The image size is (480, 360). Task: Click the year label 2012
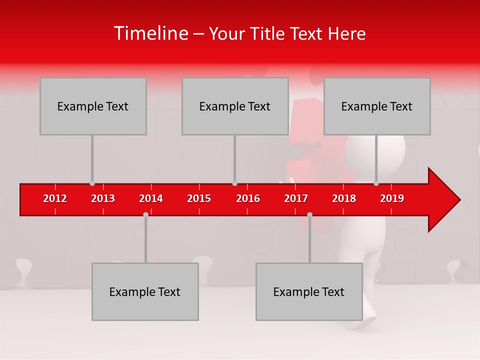point(55,198)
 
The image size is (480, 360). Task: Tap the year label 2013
point(103,198)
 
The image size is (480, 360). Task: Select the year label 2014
point(151,198)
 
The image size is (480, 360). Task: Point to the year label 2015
point(199,198)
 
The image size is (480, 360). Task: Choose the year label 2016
point(248,198)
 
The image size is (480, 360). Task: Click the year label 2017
point(296,198)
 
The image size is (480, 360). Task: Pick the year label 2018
point(344,198)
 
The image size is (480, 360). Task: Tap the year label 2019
point(392,198)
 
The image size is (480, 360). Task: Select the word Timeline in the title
point(150,33)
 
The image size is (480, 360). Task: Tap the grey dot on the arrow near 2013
point(92,183)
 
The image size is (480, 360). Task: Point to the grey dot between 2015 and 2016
point(234,183)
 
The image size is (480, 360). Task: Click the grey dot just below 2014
point(145,214)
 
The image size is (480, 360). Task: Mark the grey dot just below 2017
point(309,214)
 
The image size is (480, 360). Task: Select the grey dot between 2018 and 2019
point(376,183)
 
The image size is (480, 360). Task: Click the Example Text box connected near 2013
point(93,106)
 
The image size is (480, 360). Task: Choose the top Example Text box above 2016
point(235,106)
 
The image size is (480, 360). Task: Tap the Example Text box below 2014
point(145,291)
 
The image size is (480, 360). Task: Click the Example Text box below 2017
point(309,291)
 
